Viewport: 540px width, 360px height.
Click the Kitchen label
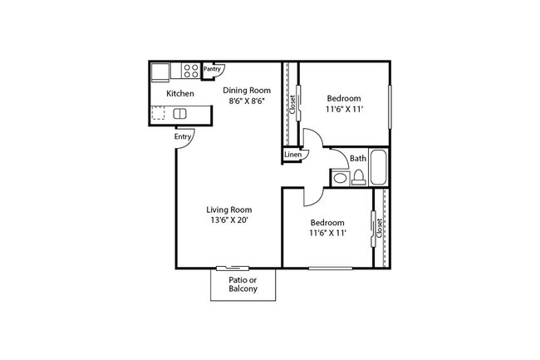180,94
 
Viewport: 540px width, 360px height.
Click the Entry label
183,136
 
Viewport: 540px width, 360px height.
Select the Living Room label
229,210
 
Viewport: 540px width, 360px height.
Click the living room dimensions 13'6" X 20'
229,221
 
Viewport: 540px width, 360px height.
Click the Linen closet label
292,155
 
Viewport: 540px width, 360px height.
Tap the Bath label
358,158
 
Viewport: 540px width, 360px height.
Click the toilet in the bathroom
359,176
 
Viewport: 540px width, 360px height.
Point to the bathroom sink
340,178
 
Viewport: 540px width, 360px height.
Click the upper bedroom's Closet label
292,104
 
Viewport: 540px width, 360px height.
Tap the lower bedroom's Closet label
380,229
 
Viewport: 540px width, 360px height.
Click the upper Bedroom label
344,97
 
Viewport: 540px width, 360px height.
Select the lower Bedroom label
327,222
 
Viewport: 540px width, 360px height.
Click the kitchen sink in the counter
179,113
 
